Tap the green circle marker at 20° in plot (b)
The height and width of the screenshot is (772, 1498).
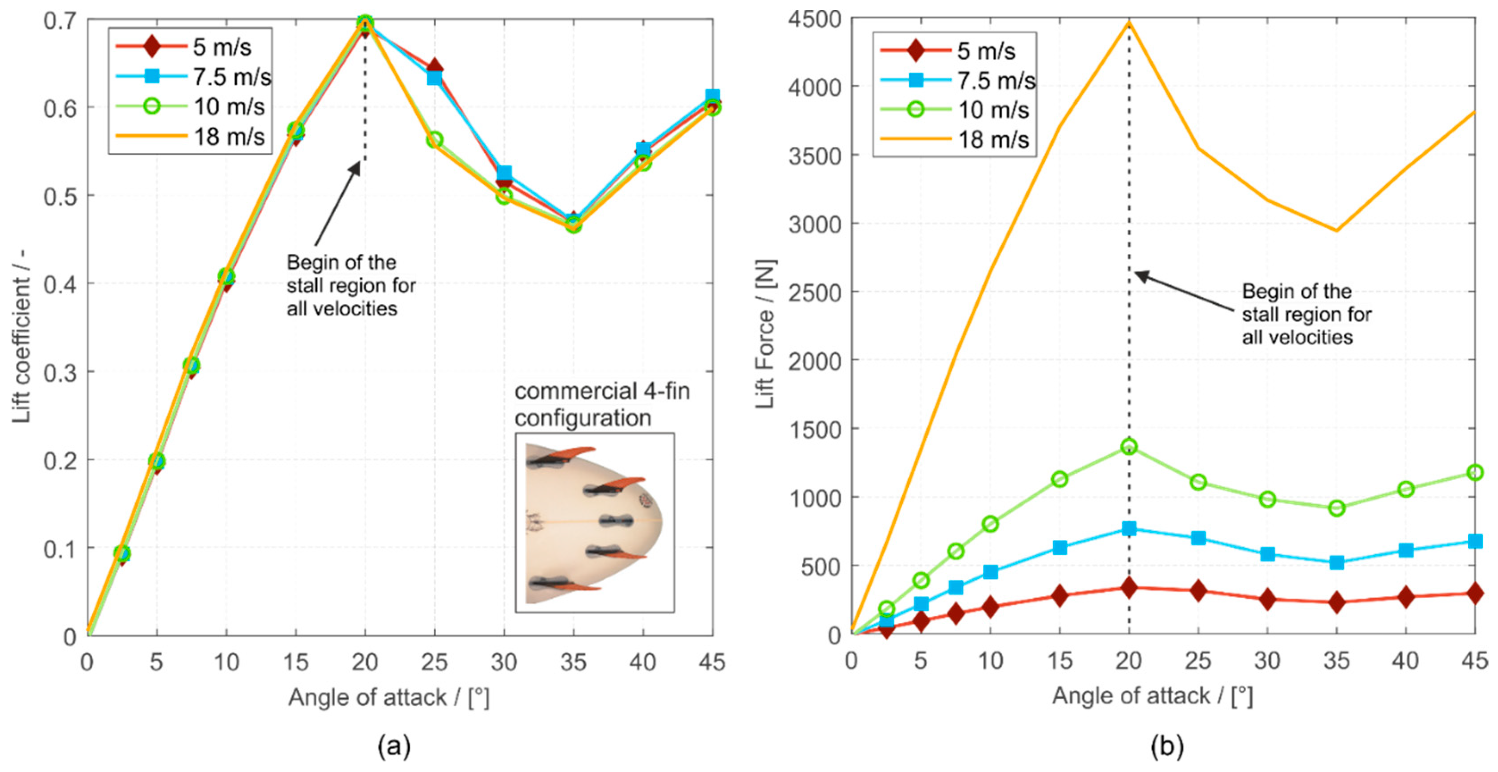tap(1129, 447)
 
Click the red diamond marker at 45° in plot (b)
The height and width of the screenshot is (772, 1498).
tap(1475, 593)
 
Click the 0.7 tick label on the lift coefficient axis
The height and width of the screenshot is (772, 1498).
tap(59, 21)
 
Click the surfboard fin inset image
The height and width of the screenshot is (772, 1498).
tap(595, 522)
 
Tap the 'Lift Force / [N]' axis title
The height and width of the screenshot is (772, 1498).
tap(765, 335)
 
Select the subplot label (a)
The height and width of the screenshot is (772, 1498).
tap(394, 746)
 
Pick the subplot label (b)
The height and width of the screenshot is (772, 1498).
tap(1166, 746)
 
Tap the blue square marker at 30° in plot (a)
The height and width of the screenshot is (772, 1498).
tap(504, 173)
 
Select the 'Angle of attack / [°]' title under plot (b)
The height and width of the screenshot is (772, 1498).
tap(1152, 696)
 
